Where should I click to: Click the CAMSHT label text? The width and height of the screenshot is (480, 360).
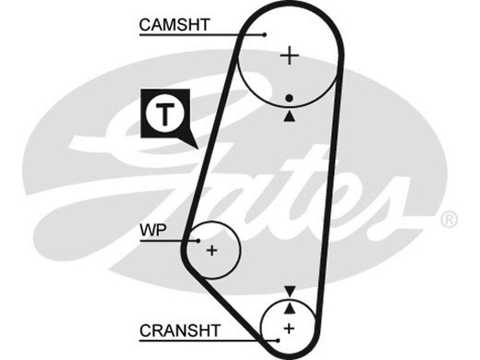pyautogui.click(x=175, y=25)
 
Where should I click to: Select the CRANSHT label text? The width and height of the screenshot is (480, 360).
pyautogui.click(x=180, y=330)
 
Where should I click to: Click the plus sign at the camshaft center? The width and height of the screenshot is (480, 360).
pyautogui.click(x=290, y=56)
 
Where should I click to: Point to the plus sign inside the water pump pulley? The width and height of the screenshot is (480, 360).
pyautogui.click(x=212, y=250)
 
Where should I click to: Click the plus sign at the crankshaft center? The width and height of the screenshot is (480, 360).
pyautogui.click(x=290, y=328)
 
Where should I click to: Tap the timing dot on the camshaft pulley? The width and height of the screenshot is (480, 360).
pyautogui.click(x=290, y=97)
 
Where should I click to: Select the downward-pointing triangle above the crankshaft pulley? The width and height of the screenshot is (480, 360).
pyautogui.click(x=290, y=291)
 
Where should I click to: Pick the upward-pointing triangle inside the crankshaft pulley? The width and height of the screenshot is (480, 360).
pyautogui.click(x=290, y=308)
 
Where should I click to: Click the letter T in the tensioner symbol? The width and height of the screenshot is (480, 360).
pyautogui.click(x=164, y=113)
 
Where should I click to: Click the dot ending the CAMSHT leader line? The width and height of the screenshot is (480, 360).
pyautogui.click(x=264, y=34)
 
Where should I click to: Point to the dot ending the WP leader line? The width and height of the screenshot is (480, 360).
pyautogui.click(x=198, y=241)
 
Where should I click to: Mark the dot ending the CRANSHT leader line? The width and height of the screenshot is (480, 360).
pyautogui.click(x=278, y=340)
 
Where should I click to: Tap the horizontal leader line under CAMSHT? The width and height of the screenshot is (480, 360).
pyautogui.click(x=198, y=35)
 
